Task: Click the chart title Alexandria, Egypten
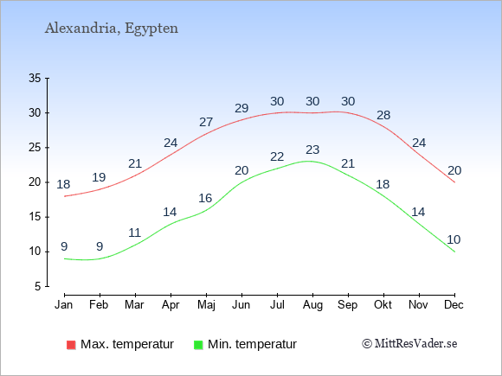(x=112, y=29)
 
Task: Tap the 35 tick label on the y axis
(x=35, y=78)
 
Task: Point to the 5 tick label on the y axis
(x=38, y=286)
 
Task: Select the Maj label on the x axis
(x=206, y=305)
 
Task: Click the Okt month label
(x=383, y=305)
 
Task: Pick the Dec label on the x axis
(x=454, y=305)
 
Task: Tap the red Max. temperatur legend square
(x=71, y=345)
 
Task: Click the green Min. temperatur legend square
(x=198, y=345)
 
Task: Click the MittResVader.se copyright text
(x=409, y=344)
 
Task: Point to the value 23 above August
(x=312, y=150)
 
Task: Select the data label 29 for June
(x=241, y=108)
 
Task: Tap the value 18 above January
(x=63, y=184)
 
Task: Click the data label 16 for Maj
(x=205, y=198)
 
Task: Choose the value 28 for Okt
(x=383, y=115)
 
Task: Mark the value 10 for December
(x=454, y=239)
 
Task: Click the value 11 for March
(x=135, y=233)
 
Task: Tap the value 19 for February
(x=99, y=177)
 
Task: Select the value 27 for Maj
(x=206, y=122)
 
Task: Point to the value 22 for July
(x=277, y=156)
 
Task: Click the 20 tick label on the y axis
(x=35, y=182)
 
